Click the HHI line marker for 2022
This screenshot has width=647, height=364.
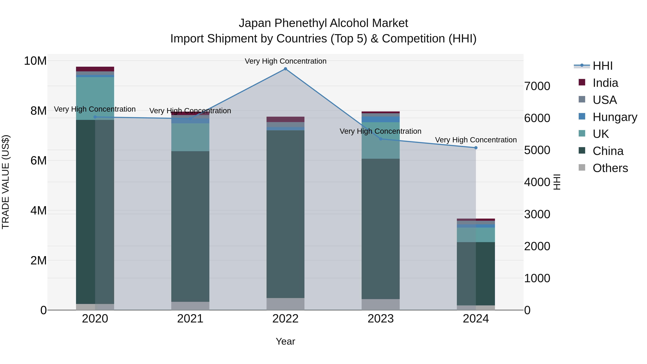click(285, 69)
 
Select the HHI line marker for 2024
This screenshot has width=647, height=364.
click(476, 148)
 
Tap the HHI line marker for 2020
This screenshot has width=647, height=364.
click(95, 117)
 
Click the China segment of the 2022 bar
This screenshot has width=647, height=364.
click(285, 214)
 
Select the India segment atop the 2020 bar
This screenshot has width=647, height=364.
click(95, 69)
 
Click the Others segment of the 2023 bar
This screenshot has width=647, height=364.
click(380, 305)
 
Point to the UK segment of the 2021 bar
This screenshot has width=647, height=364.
click(190, 137)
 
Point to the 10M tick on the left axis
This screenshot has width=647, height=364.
click(35, 61)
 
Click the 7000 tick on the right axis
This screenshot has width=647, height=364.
click(537, 86)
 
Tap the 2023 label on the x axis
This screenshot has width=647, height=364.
click(380, 319)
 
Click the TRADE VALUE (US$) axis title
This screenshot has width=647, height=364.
click(6, 182)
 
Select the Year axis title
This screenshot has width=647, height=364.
click(285, 341)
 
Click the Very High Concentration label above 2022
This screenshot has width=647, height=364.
click(285, 61)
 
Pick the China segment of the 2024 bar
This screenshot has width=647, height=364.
click(476, 274)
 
